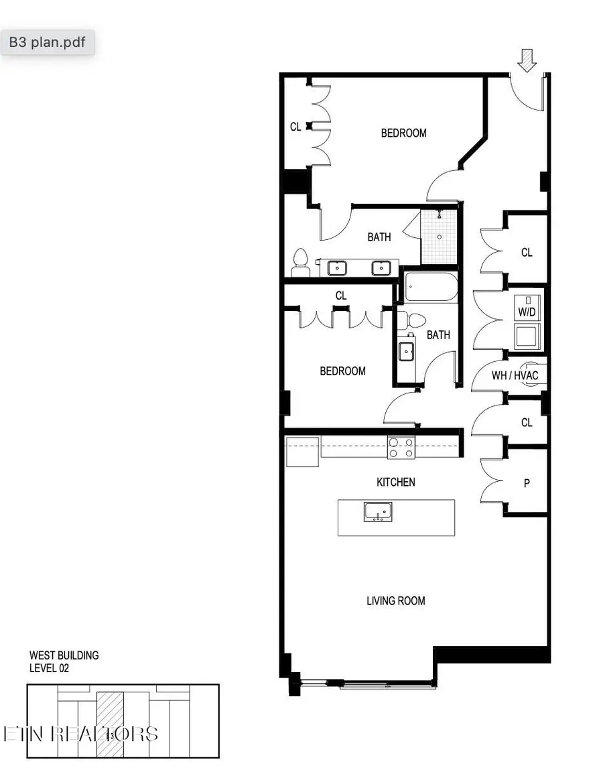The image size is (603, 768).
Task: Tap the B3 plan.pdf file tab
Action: (47, 42)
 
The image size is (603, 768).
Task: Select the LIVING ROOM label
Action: (395, 600)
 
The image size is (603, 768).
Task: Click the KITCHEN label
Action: (395, 482)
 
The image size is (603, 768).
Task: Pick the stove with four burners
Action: (401, 448)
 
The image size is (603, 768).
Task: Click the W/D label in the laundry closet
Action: (526, 312)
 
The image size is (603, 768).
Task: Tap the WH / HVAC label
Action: (515, 375)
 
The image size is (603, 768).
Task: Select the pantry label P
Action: (527, 483)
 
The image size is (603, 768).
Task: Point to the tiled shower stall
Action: (440, 236)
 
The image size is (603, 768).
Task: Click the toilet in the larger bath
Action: (301, 263)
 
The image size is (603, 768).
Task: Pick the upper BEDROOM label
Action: (403, 133)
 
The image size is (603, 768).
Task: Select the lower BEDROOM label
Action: (342, 371)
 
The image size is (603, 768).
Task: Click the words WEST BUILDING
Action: (64, 655)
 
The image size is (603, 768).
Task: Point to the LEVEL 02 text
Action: (49, 668)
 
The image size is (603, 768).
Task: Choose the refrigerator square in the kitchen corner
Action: (302, 452)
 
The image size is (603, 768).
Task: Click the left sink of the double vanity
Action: (337, 267)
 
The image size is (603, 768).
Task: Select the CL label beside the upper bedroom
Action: (295, 126)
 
